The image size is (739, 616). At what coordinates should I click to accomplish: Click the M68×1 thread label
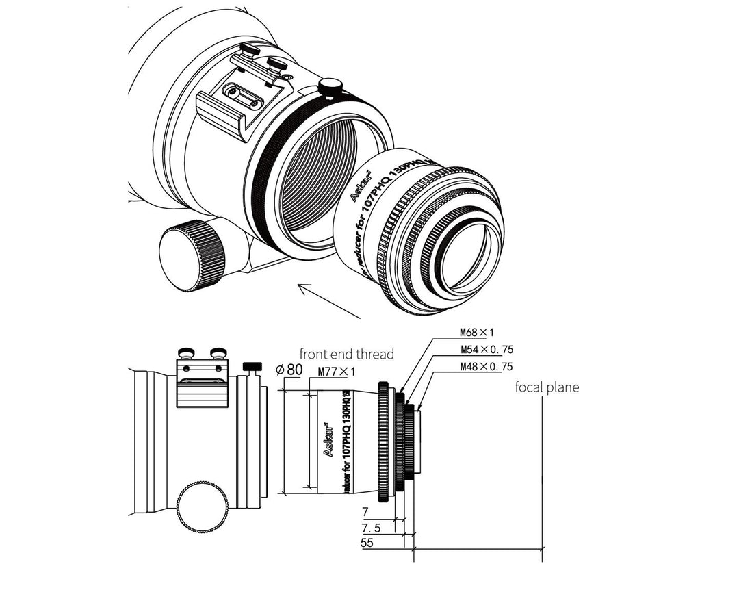click(x=477, y=333)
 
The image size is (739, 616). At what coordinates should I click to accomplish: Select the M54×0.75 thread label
click(x=486, y=350)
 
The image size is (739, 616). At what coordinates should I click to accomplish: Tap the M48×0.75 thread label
click(x=486, y=366)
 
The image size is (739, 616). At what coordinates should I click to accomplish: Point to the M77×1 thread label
click(x=337, y=372)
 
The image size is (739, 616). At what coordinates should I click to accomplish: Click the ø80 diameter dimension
click(x=289, y=370)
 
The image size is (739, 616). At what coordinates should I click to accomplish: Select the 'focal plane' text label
click(x=547, y=387)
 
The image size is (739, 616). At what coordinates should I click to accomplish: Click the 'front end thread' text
click(x=346, y=354)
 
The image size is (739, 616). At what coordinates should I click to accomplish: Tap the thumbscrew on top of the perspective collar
click(x=331, y=88)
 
